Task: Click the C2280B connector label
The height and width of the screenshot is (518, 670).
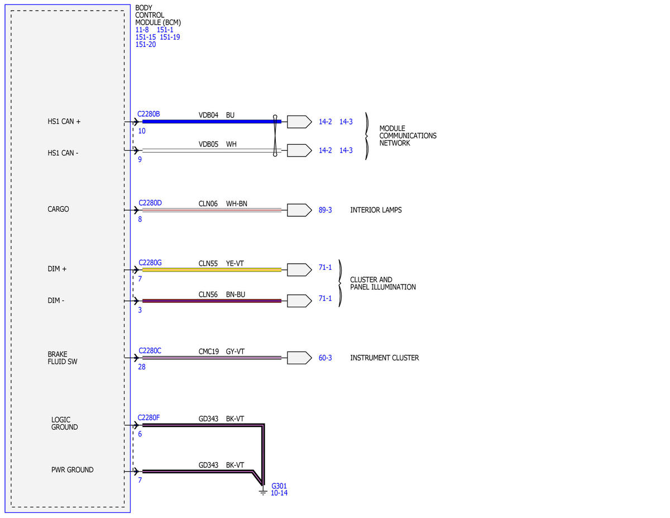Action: click(149, 114)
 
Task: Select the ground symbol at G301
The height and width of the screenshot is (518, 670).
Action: click(263, 491)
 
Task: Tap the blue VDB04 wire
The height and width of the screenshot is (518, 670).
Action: click(212, 122)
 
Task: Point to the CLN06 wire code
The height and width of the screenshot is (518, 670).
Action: click(208, 203)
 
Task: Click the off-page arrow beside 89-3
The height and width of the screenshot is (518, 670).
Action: click(299, 210)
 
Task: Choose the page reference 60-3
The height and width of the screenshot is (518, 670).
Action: click(325, 358)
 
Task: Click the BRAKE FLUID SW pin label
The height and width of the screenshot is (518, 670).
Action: click(63, 358)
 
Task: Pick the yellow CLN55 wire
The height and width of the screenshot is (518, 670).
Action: click(212, 270)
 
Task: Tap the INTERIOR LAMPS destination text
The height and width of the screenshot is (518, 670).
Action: click(376, 210)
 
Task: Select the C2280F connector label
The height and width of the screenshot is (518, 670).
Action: click(149, 418)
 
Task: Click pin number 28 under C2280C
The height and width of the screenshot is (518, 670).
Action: click(141, 367)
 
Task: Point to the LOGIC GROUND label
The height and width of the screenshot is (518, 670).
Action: click(64, 424)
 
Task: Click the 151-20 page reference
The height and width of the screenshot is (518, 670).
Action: click(146, 45)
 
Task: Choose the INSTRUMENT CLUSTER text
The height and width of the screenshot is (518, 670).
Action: click(385, 358)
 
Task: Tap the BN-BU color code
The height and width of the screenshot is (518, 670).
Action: click(235, 294)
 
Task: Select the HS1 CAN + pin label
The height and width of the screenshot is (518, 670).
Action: click(64, 122)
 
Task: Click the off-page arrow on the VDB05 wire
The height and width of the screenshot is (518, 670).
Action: click(299, 150)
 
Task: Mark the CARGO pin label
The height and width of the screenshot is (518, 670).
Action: click(58, 209)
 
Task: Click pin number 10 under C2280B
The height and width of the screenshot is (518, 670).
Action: click(141, 131)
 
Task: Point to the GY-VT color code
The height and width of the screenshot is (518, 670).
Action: click(235, 351)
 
